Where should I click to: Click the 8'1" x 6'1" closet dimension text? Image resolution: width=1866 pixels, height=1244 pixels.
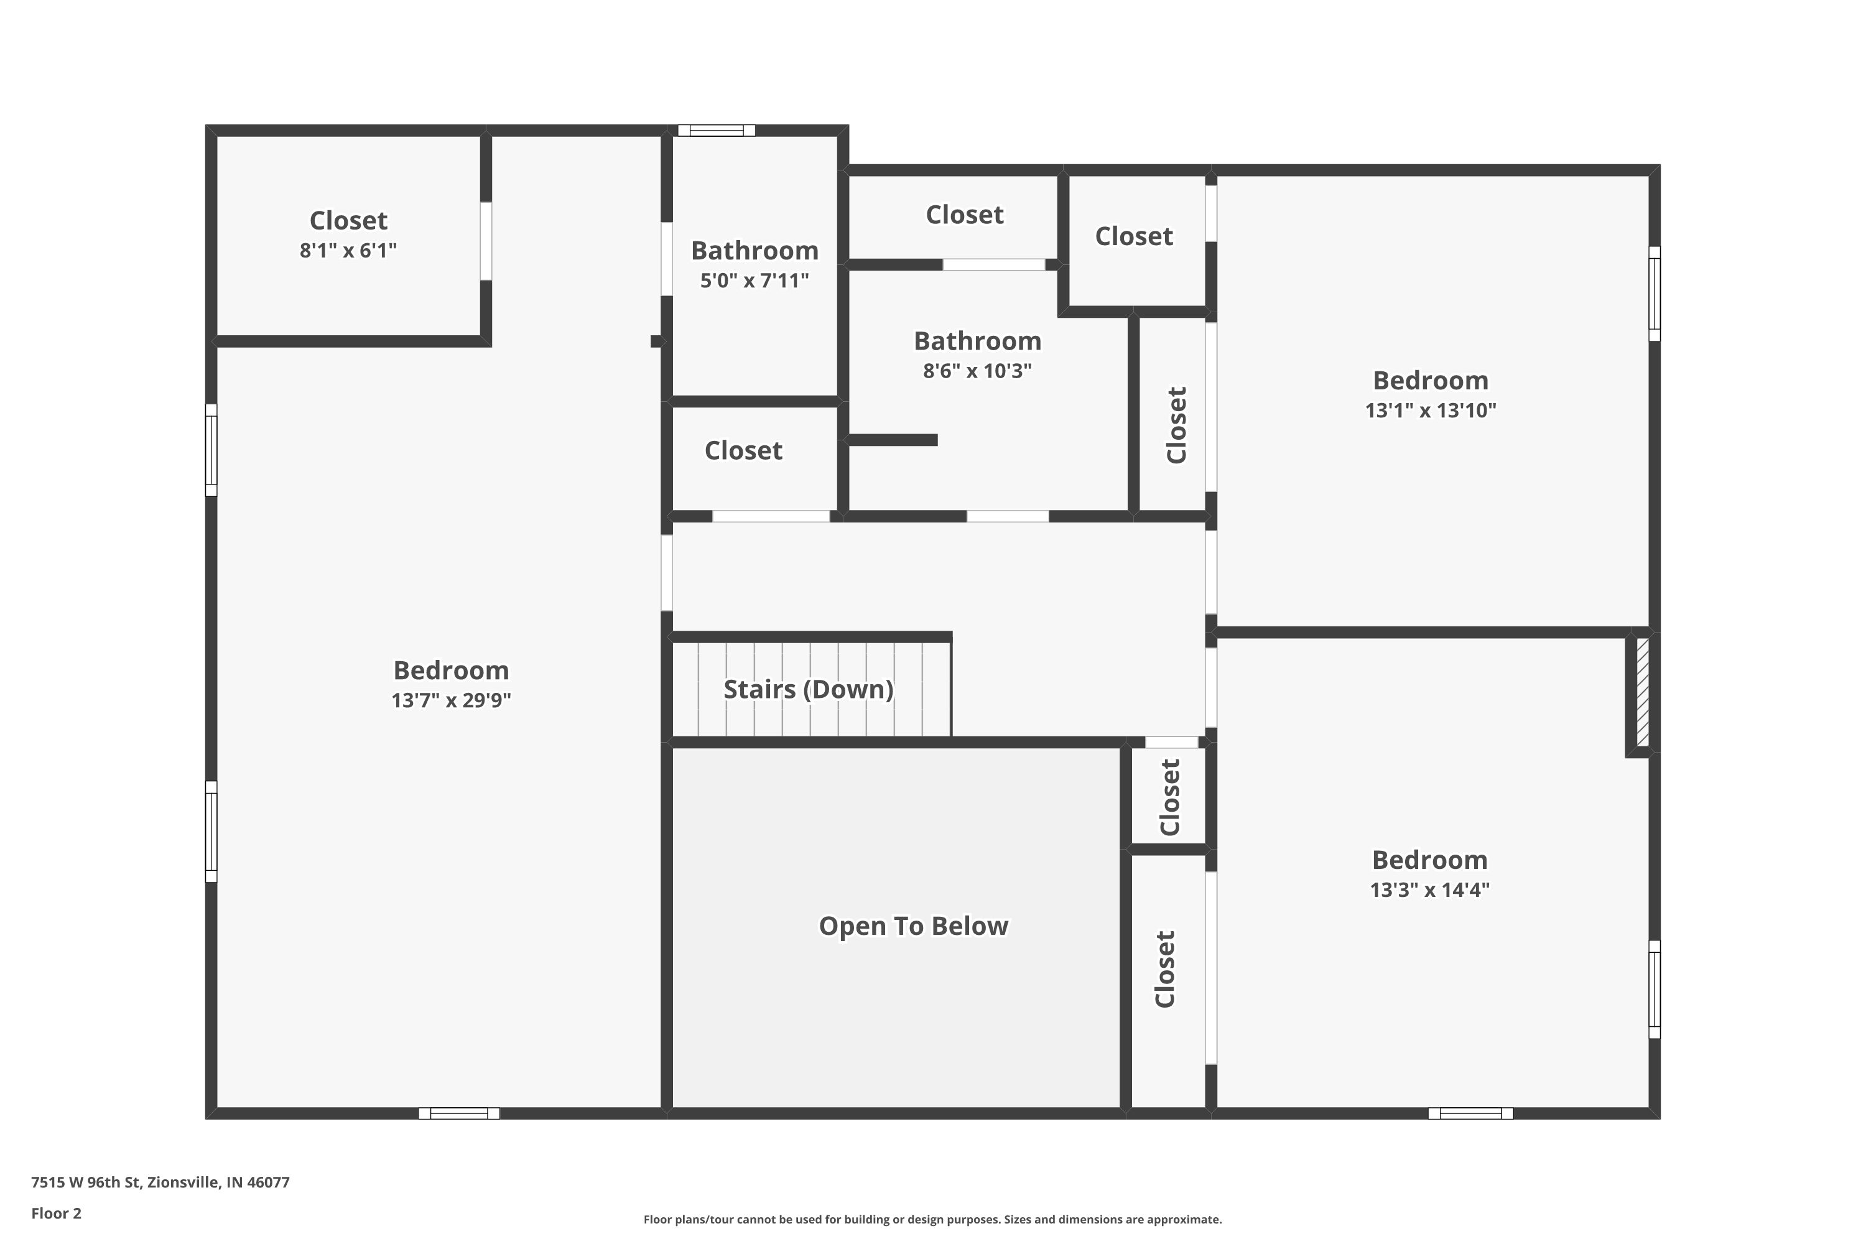click(348, 251)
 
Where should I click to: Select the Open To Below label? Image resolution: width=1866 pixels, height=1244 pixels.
click(912, 926)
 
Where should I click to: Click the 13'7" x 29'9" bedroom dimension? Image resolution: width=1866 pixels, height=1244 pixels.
click(450, 700)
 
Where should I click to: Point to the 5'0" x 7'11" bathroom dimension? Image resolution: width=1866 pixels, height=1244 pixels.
click(754, 281)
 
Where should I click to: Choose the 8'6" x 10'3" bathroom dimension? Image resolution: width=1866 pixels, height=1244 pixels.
click(977, 371)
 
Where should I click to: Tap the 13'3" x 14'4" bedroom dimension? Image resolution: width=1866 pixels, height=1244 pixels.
click(1429, 890)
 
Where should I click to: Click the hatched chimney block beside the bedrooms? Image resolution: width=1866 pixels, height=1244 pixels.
click(1642, 693)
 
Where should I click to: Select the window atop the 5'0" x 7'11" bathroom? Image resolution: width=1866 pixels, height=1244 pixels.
click(716, 131)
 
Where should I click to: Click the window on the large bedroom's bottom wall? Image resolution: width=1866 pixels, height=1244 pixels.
click(458, 1113)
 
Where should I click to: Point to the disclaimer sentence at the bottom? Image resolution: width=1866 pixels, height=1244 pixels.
click(932, 1219)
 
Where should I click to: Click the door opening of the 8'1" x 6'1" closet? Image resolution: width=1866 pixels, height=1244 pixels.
click(486, 241)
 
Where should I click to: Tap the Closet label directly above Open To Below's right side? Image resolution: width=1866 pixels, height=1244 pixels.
click(1170, 797)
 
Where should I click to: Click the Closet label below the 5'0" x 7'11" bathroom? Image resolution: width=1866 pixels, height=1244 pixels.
click(743, 450)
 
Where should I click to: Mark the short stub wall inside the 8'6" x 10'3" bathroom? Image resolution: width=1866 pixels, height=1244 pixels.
click(893, 440)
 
